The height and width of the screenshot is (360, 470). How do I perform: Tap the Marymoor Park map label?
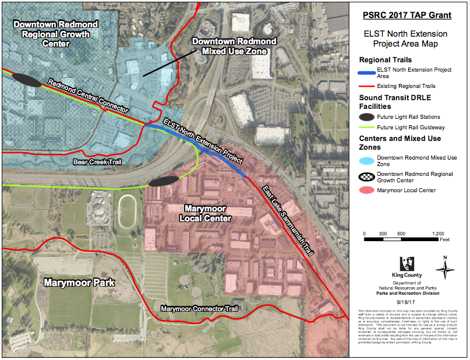pyautogui.click(x=79, y=283)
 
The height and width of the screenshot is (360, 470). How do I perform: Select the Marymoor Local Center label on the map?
pyautogui.click(x=207, y=213)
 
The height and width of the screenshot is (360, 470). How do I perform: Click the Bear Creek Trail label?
pyautogui.click(x=97, y=162)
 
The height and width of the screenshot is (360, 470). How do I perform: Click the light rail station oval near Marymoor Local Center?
pyautogui.click(x=163, y=182)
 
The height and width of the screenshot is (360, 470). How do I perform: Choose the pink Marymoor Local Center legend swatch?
pyautogui.click(x=366, y=190)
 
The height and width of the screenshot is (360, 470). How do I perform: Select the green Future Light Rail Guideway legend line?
pyautogui.click(x=366, y=127)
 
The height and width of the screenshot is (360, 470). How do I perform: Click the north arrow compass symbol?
pyautogui.click(x=446, y=269)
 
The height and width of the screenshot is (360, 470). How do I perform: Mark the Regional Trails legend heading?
pyautogui.click(x=386, y=59)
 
